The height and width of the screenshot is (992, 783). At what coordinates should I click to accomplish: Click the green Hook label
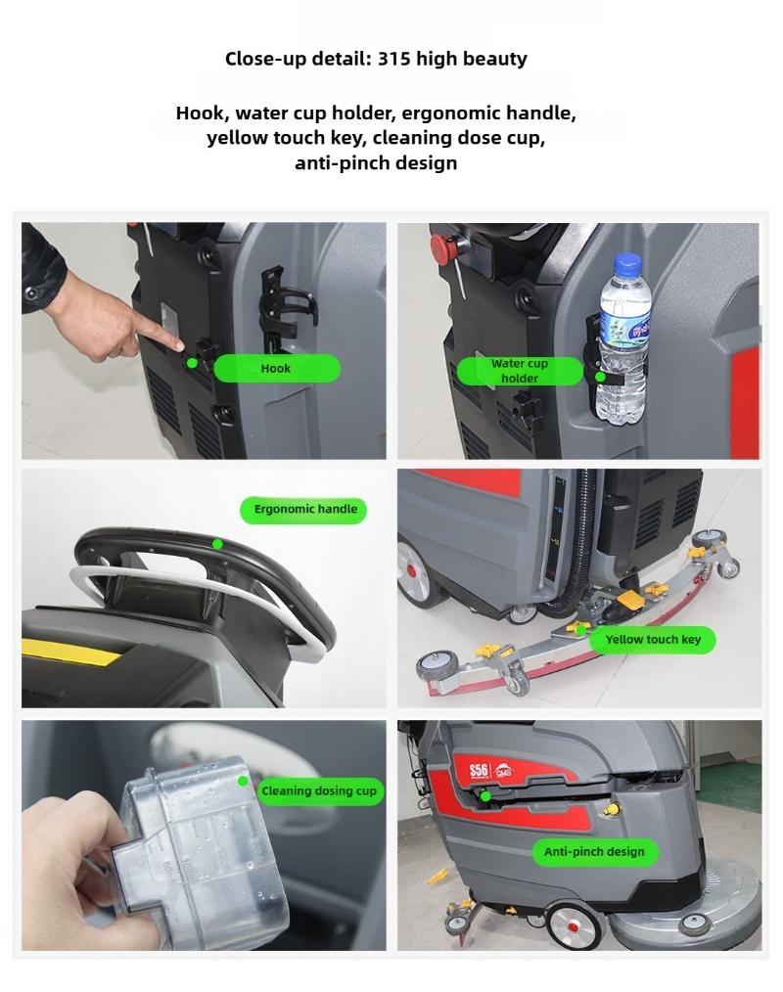[x=277, y=368]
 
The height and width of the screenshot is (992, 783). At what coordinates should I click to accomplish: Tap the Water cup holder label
[x=520, y=371]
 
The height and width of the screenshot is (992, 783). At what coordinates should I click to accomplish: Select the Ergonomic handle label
[x=303, y=510]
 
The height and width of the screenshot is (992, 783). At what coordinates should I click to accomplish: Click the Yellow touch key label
[x=653, y=640]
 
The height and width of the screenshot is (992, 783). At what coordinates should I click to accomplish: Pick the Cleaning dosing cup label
[x=320, y=790]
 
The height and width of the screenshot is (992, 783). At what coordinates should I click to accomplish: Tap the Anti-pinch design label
[x=594, y=851]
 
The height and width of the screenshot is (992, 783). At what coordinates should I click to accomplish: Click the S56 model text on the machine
[x=479, y=770]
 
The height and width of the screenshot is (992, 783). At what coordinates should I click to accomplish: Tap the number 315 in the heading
[x=393, y=59]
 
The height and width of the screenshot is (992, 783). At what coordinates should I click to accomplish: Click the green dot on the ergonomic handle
[x=217, y=544]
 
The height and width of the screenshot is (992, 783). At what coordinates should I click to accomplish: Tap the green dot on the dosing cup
[x=243, y=782]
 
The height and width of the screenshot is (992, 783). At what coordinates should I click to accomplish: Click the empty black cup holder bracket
[x=285, y=310]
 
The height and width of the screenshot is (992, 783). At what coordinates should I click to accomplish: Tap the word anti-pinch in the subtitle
[x=339, y=163]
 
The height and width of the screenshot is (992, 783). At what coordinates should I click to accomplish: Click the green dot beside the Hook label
[x=192, y=363]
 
